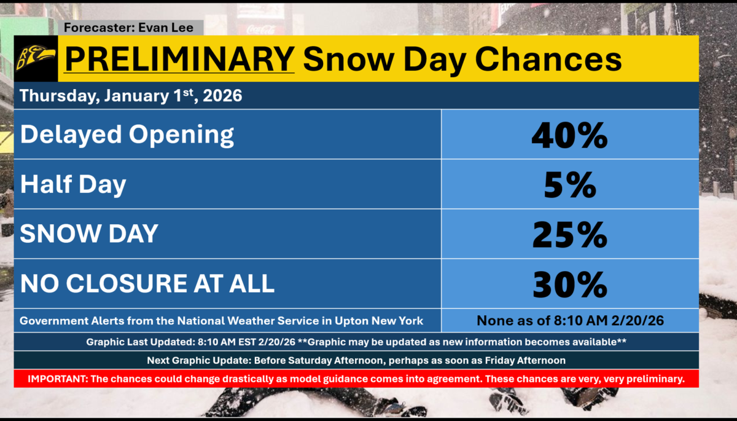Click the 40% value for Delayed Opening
[569, 135]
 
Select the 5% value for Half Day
[569, 184]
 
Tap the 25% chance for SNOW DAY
[569, 234]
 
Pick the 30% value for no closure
[569, 283]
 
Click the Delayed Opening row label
[127, 135]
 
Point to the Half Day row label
[73, 184]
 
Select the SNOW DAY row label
[89, 234]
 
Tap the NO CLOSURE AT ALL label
[147, 283]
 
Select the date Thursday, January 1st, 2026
[131, 96]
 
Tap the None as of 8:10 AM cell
[569, 321]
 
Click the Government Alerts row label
[221, 321]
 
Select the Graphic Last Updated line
[356, 341]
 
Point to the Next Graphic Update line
[356, 360]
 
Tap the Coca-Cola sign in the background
[260, 28]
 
